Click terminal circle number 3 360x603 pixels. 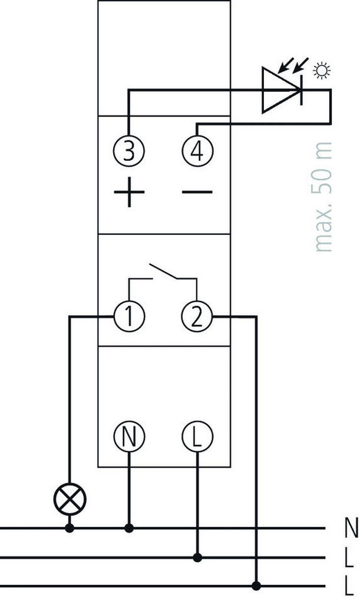(x=129, y=151)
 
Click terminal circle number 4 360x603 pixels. (x=197, y=151)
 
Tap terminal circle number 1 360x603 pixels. (x=129, y=317)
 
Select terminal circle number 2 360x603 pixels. (x=197, y=317)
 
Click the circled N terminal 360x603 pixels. (x=129, y=437)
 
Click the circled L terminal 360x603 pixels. (x=197, y=437)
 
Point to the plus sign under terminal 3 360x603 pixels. (x=129, y=193)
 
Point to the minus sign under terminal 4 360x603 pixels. (x=197, y=193)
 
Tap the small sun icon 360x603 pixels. (x=322, y=71)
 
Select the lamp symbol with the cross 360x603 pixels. (x=70, y=500)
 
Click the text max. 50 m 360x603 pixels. (x=323, y=197)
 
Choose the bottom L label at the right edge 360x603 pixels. (x=351, y=586)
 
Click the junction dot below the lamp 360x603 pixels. (x=70, y=528)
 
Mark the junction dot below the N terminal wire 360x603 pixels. (x=129, y=528)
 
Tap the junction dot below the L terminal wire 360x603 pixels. (x=197, y=557)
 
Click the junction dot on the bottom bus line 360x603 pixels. (x=256, y=585)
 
